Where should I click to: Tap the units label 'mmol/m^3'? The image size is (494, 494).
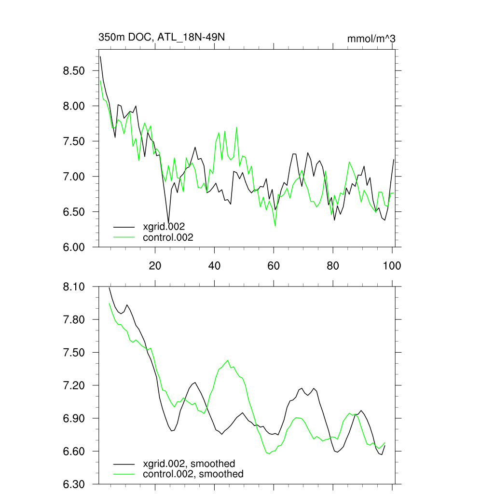click(371, 39)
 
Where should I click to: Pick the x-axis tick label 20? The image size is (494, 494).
click(155, 265)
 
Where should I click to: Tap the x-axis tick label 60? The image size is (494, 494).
click(274, 265)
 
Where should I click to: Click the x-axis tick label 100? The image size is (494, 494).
click(392, 265)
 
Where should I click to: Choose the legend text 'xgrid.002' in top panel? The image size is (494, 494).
click(164, 226)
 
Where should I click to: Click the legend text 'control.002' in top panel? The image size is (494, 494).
click(168, 237)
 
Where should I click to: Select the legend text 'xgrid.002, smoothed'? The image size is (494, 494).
click(189, 464)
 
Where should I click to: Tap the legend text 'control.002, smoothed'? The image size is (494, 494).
click(193, 474)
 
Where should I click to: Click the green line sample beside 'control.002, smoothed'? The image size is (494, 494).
click(124, 474)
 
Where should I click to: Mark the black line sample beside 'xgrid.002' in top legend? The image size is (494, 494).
click(124, 226)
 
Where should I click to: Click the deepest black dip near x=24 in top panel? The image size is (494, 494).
click(168, 222)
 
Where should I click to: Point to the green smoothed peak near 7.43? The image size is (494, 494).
click(228, 360)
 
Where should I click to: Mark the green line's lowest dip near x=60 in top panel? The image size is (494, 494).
click(275, 226)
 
